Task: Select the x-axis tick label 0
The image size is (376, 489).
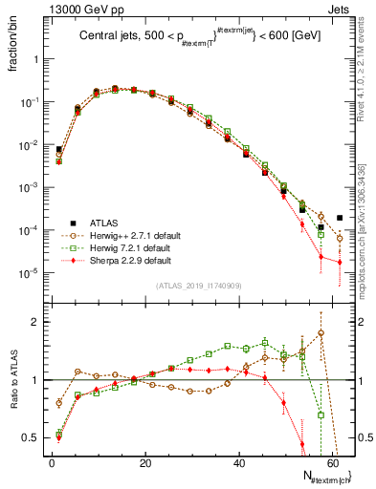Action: [x=52, y=462]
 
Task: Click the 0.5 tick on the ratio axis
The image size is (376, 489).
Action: [x=33, y=437]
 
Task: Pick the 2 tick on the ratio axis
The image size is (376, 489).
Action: [x=38, y=322]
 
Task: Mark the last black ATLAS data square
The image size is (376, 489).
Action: [x=340, y=217]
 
